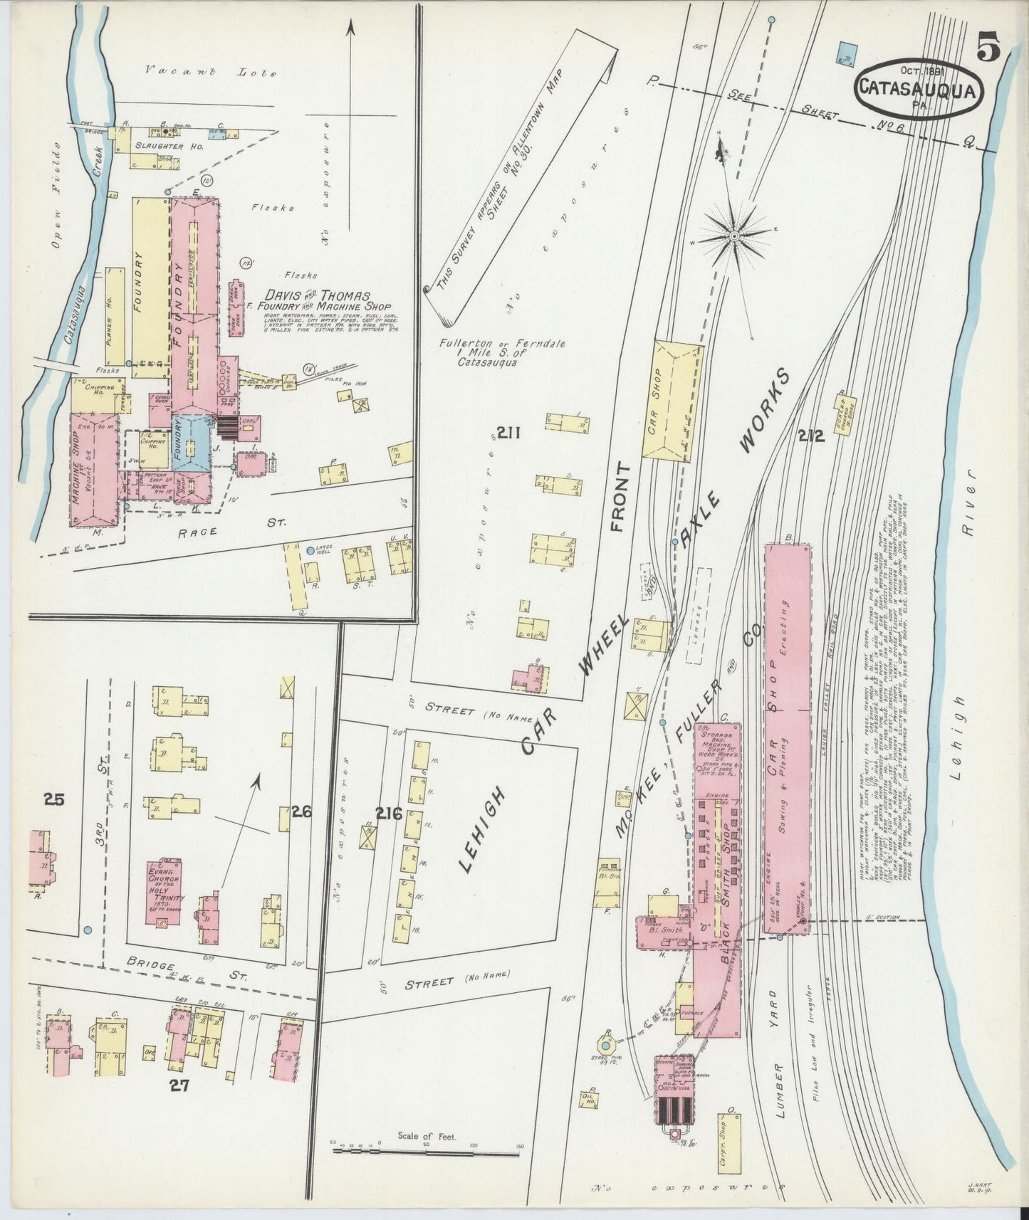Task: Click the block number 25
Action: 54,800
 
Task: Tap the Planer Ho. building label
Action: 109,319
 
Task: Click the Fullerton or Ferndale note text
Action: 502,352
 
